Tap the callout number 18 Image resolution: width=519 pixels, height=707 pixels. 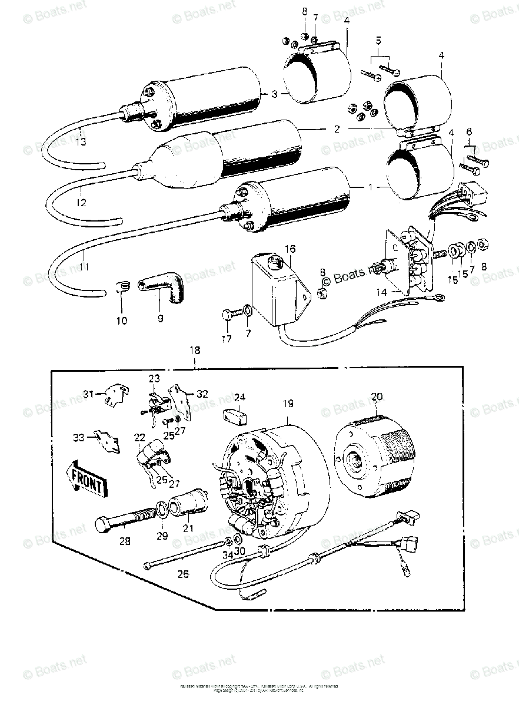tap(194, 350)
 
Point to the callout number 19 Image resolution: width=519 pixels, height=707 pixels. tap(287, 404)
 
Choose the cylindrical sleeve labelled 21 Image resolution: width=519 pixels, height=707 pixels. tap(188, 501)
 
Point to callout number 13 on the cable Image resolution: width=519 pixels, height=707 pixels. tap(81, 141)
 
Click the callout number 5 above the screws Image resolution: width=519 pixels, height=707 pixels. tap(378, 42)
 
